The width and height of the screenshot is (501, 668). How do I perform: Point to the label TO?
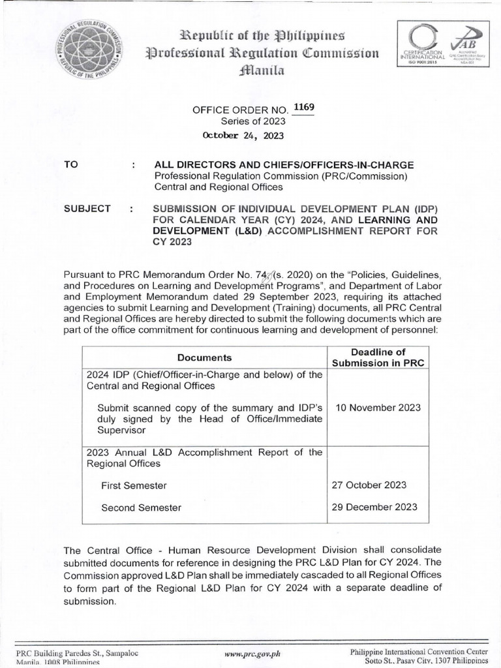click(70, 165)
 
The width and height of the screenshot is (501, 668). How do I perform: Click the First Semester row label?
click(134, 485)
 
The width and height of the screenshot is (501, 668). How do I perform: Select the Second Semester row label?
click(142, 508)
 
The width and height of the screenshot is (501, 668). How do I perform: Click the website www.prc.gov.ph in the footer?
click(251, 653)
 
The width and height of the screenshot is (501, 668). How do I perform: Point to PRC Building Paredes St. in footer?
click(78, 652)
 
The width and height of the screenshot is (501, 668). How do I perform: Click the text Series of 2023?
click(249, 122)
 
